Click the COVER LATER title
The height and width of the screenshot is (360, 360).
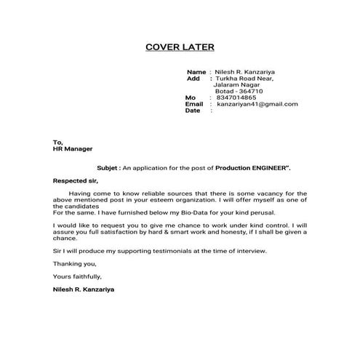pos(180,47)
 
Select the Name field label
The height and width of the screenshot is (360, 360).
pos(196,72)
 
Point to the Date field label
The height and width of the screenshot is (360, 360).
pos(193,111)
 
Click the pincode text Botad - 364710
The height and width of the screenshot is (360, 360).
pos(239,91)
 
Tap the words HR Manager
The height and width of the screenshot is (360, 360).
pos(71,148)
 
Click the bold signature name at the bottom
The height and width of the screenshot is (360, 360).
pos(83,289)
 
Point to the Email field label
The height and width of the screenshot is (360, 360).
pos(194,104)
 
